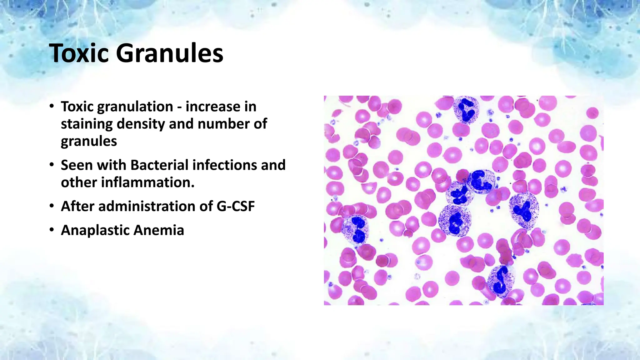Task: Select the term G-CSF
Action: (235, 206)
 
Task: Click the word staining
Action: (87, 124)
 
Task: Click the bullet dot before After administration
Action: (52, 206)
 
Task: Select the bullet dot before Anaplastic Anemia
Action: (52, 230)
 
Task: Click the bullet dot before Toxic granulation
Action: (52, 107)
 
